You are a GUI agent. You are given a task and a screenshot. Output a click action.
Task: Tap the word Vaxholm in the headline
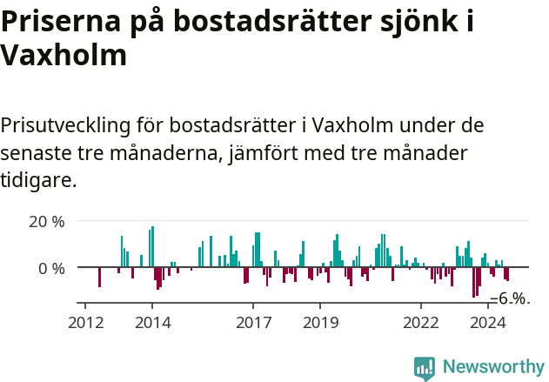coord(64,56)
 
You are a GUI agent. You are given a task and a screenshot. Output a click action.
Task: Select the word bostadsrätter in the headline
coord(299,21)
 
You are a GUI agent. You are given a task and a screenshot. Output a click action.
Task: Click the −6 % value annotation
coord(510,298)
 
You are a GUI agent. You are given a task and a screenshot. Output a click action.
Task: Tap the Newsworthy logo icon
coord(425,368)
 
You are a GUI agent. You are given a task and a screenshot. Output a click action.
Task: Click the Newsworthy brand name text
coord(492,368)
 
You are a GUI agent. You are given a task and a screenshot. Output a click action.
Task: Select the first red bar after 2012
coord(99,277)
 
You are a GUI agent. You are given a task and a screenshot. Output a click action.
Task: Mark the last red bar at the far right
coord(507,274)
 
